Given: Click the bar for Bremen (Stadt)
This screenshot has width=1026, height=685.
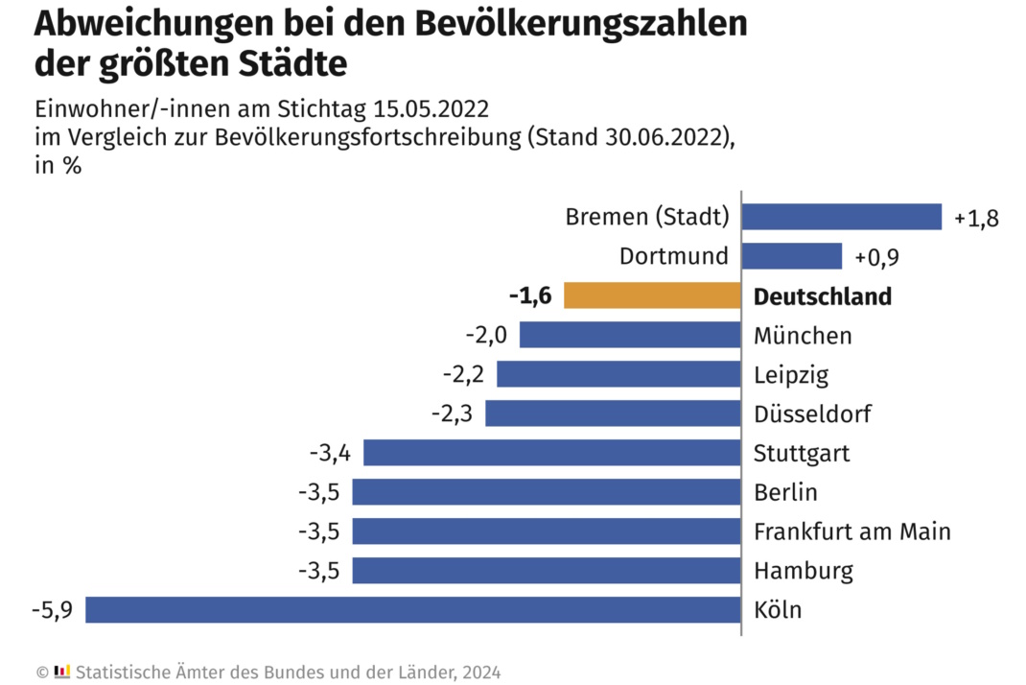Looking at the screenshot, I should click(x=841, y=217).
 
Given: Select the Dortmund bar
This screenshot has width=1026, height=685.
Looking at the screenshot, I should click(x=791, y=256).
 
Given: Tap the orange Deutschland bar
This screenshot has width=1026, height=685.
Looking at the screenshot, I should click(x=652, y=295).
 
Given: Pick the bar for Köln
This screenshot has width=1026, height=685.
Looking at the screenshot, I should click(x=413, y=610).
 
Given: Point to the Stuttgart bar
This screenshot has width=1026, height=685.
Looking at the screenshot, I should click(x=552, y=453).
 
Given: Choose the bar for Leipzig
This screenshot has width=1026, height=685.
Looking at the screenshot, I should click(x=618, y=374).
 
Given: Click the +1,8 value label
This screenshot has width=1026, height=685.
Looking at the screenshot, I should click(x=976, y=218).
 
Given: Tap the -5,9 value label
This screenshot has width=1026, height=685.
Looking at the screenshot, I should click(x=52, y=610).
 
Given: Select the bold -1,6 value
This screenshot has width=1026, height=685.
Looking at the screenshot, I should click(x=530, y=295).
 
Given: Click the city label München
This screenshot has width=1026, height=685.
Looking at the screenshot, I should click(x=802, y=335).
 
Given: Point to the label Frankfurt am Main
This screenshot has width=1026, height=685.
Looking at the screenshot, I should click(x=851, y=531).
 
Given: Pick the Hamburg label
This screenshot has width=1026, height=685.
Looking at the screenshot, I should click(x=803, y=571).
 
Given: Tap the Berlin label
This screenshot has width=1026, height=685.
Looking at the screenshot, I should click(x=785, y=492).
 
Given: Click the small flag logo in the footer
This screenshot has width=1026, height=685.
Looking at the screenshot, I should click(x=62, y=671).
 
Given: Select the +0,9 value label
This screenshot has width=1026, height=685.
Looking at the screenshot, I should click(x=876, y=257).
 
